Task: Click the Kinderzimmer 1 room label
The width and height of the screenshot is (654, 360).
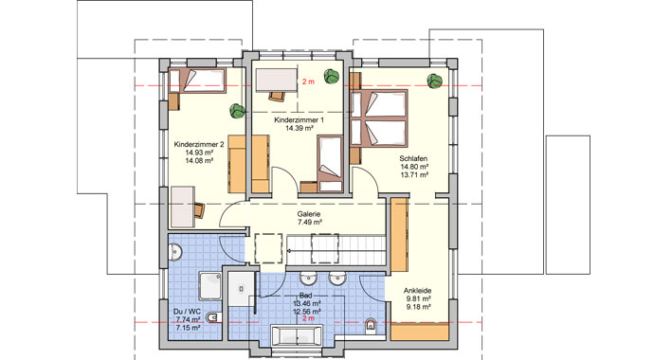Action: [299, 122]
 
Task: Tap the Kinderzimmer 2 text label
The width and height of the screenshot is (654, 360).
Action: [197, 144]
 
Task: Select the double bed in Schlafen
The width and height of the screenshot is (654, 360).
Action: [379, 117]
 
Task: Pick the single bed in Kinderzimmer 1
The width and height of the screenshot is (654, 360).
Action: [329, 157]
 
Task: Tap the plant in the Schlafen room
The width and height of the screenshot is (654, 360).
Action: [435, 80]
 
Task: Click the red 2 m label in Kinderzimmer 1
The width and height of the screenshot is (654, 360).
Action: [307, 82]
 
